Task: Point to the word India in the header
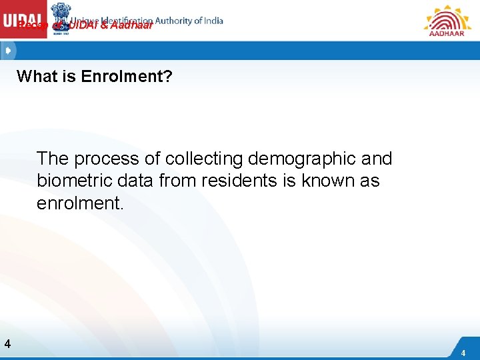point(209,21)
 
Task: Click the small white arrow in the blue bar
point(8,51)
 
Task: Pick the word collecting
point(204,159)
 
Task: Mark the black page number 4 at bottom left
point(7,344)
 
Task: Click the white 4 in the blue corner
point(463,353)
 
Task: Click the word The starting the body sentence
point(53,159)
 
